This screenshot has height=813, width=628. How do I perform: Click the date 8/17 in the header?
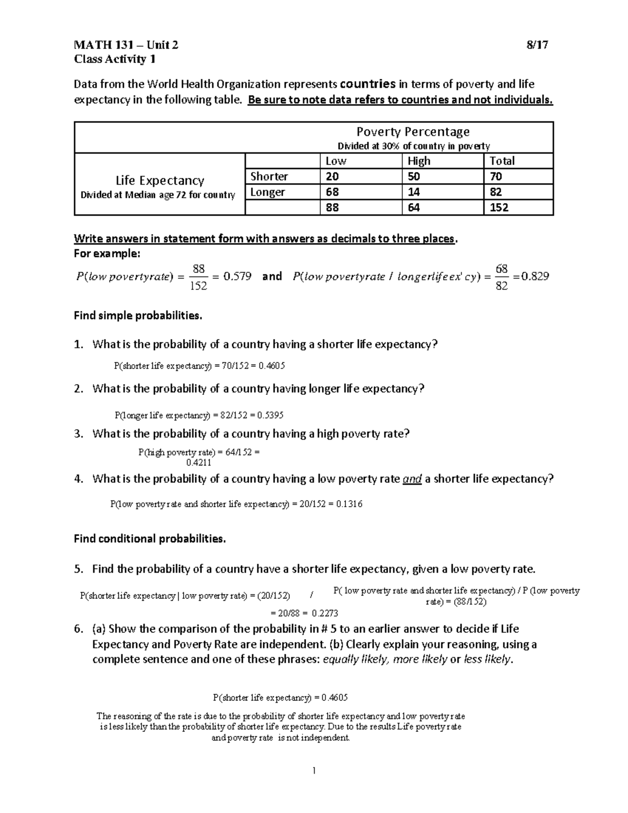[537, 45]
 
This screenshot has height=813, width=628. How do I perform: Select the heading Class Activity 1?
[115, 59]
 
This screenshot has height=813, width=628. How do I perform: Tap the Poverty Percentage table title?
[412, 131]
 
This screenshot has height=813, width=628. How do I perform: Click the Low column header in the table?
[336, 161]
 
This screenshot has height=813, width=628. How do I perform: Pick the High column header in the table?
[419, 161]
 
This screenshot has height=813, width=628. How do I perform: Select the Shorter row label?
[269, 176]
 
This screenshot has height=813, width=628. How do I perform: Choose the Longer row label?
[267, 192]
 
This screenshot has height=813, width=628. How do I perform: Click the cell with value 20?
[332, 176]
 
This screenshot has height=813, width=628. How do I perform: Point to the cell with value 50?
[413, 176]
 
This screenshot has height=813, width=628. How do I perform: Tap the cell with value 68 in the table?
[332, 192]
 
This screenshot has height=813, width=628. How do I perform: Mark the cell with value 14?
[413, 192]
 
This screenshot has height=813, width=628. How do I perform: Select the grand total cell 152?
[499, 208]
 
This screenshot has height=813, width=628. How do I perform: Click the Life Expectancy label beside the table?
[160, 181]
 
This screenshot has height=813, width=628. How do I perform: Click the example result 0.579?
[237, 276]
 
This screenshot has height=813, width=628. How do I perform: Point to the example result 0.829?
[535, 276]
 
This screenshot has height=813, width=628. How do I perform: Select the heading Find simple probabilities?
[138, 316]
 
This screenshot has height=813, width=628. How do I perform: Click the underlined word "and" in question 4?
[412, 479]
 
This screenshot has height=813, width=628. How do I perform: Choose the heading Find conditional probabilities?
[150, 539]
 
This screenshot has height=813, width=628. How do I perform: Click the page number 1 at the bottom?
[313, 770]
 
